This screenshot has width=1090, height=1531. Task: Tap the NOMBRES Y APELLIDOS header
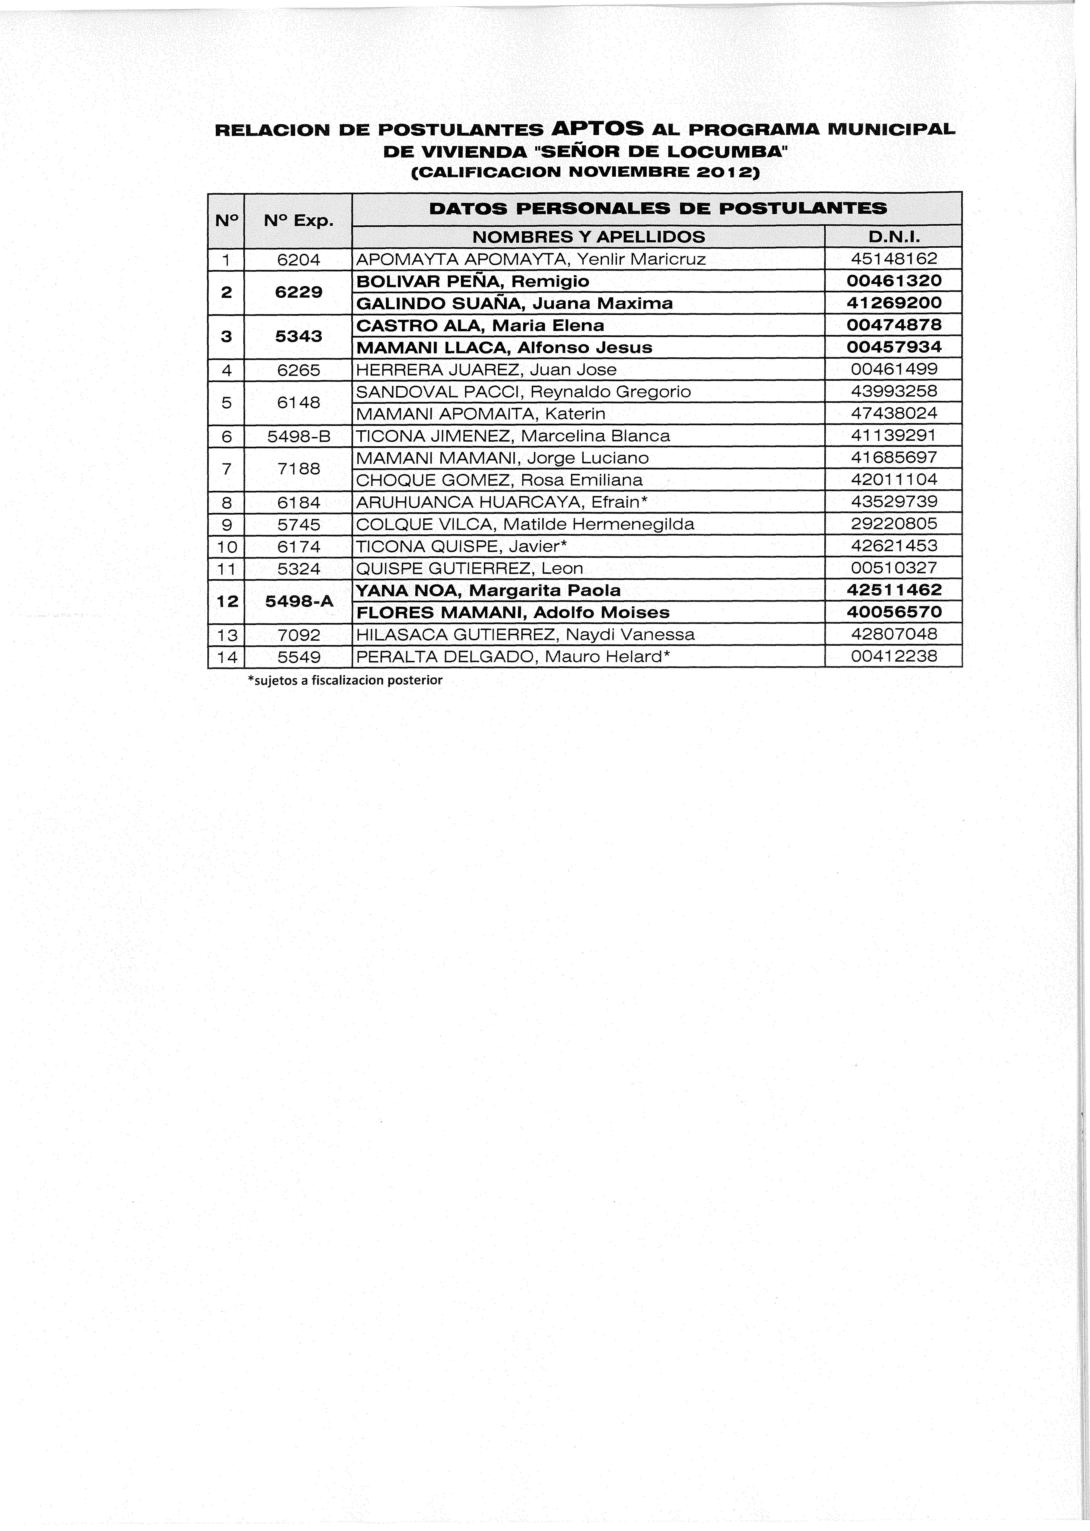point(589,236)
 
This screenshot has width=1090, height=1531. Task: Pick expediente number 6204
point(299,259)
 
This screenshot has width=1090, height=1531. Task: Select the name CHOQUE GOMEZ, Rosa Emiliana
point(499,480)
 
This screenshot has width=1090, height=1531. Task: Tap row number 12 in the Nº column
point(227,601)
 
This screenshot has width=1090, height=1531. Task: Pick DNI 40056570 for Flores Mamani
point(893,612)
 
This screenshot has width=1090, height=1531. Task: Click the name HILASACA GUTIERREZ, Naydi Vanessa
point(525,634)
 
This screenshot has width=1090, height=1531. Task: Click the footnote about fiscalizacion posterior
point(345,680)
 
